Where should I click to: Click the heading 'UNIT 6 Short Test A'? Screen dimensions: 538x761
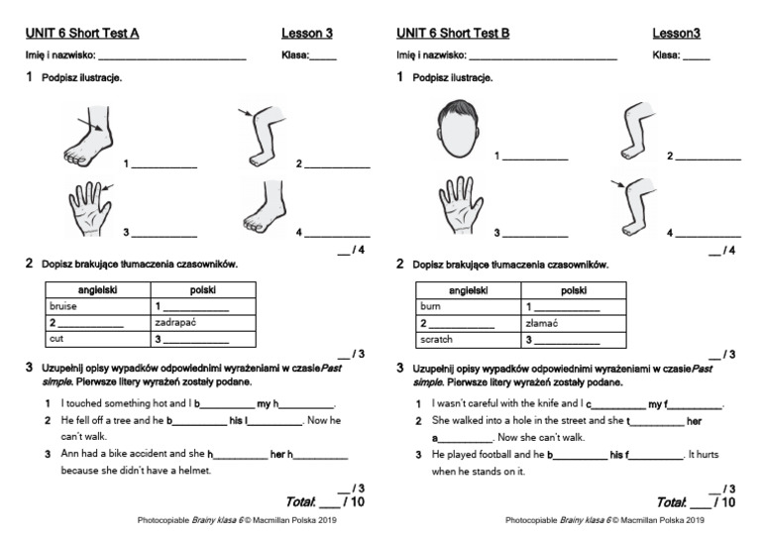click(x=81, y=34)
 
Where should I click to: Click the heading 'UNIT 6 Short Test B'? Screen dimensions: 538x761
click(x=452, y=34)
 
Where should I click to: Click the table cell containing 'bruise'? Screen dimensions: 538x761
click(x=97, y=306)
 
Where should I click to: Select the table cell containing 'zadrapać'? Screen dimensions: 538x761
click(x=203, y=322)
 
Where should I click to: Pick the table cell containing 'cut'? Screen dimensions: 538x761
click(x=97, y=339)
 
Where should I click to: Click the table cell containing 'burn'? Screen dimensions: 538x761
click(x=469, y=306)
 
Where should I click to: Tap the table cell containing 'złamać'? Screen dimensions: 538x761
click(x=574, y=322)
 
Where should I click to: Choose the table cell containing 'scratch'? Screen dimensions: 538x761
click(x=469, y=339)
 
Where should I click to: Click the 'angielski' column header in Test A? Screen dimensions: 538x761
click(x=97, y=289)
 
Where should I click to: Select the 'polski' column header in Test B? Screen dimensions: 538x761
click(x=574, y=289)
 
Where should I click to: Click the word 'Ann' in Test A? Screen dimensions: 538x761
click(x=69, y=455)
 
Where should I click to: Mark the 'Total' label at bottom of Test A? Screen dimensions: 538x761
click(x=298, y=503)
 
